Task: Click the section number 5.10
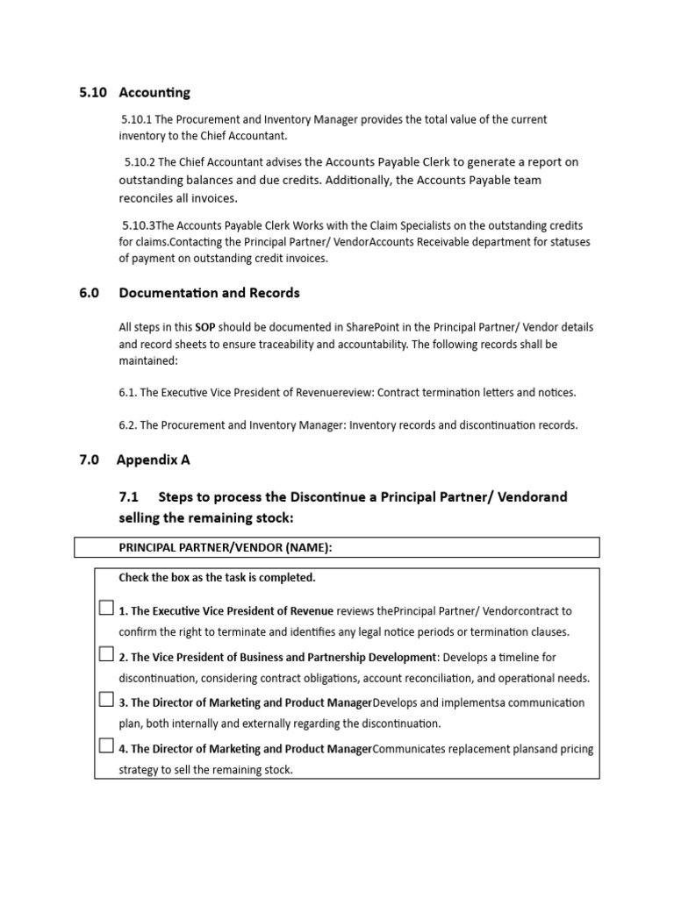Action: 91,92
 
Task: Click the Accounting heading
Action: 154,92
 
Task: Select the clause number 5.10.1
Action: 137,119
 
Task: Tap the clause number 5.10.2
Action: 140,162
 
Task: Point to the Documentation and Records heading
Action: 209,293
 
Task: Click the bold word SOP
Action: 204,327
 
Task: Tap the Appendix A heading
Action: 154,460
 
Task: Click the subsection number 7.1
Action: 129,497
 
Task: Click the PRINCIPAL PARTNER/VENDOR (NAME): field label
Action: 226,548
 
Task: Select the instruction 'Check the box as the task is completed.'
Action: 217,578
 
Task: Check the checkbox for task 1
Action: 106,608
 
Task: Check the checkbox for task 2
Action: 106,654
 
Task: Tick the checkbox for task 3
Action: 106,700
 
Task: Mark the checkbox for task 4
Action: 106,746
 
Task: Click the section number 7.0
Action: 89,460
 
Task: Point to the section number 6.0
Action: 89,293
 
